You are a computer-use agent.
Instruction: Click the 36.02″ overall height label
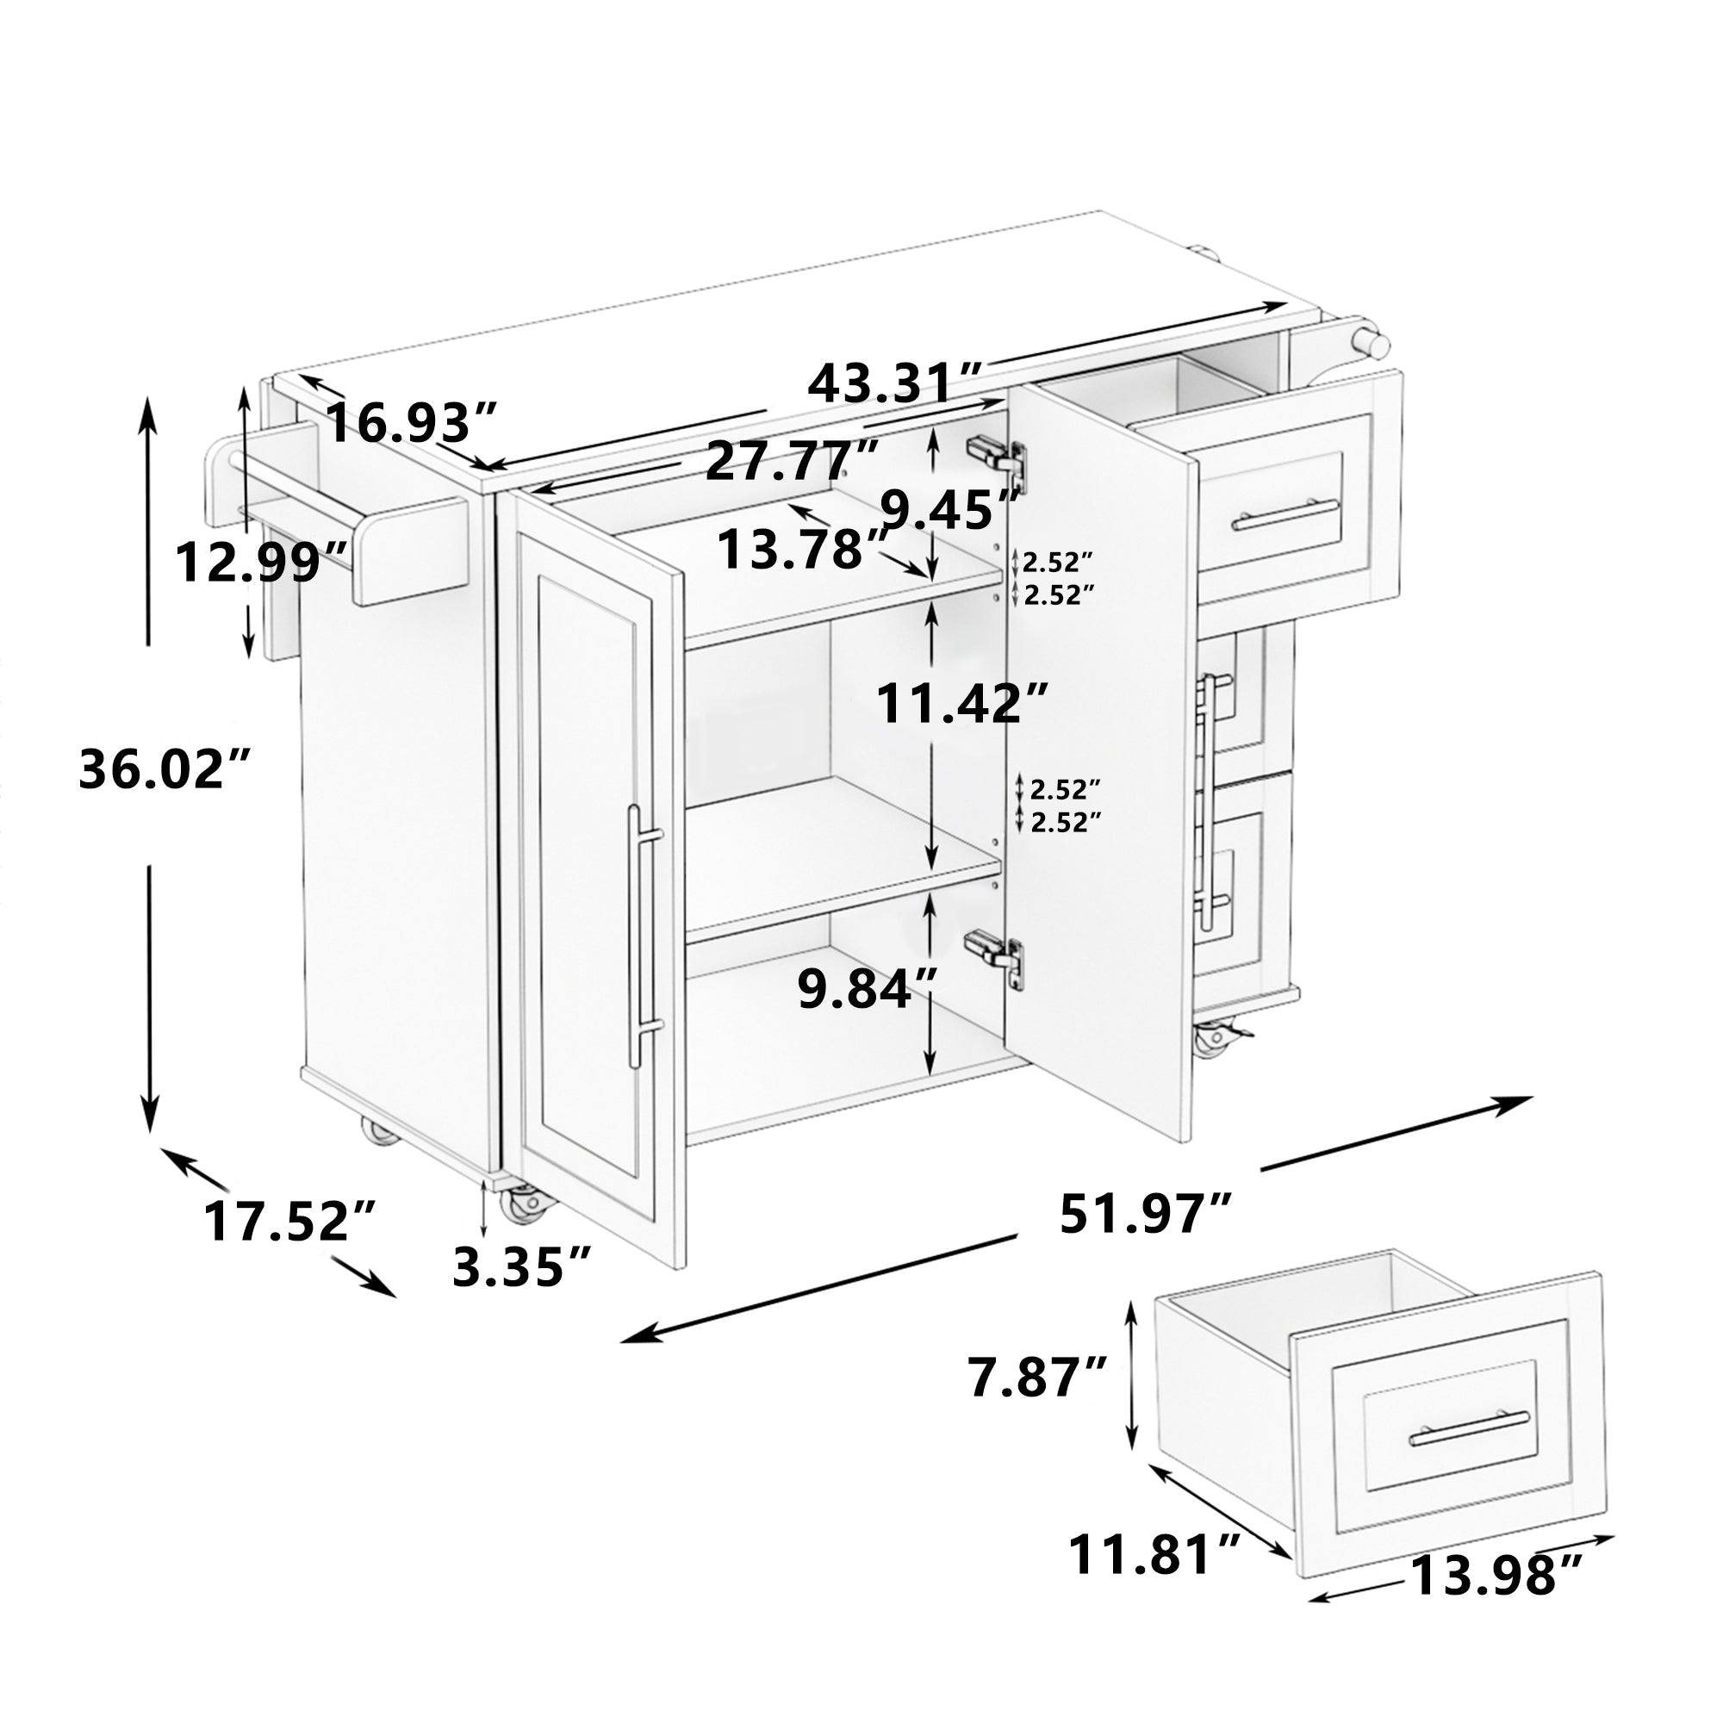point(163,768)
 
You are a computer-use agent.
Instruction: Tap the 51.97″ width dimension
point(1146,1214)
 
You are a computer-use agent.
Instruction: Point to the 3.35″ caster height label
point(522,1266)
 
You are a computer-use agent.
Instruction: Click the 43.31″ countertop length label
point(895,384)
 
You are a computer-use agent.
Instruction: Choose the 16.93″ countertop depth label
point(409,422)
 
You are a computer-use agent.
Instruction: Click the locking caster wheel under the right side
point(1215,1037)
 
